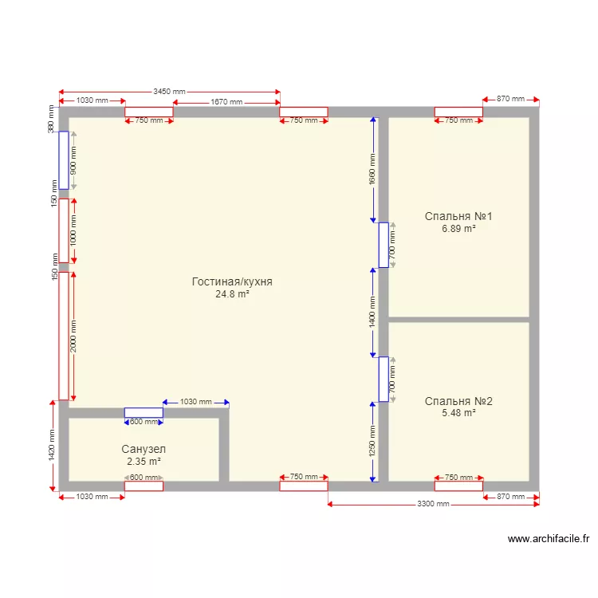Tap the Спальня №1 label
click(x=458, y=216)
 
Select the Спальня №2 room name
click(x=458, y=401)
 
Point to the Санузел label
click(x=144, y=450)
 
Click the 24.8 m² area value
click(x=232, y=294)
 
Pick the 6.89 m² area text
click(x=458, y=229)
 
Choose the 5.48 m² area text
click(x=458, y=413)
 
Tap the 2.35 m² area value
click(x=144, y=462)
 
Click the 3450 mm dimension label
click(x=169, y=92)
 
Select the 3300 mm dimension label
click(x=433, y=505)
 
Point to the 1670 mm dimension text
click(x=226, y=102)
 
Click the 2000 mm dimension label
click(x=73, y=336)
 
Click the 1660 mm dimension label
click(x=372, y=170)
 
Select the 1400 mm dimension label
click(x=372, y=312)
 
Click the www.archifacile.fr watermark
click(x=549, y=539)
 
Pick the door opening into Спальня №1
click(x=384, y=245)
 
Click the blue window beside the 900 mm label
click(x=64, y=160)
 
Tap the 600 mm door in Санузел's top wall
click(x=144, y=413)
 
